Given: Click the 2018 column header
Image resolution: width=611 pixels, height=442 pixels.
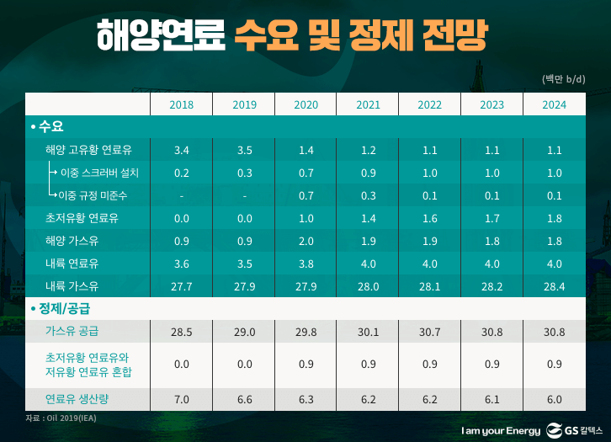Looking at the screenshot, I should coord(181,104).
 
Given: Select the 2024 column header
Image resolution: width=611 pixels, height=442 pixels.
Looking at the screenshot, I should coord(554,104).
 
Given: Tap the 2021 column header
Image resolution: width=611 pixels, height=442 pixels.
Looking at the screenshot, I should coord(368,104).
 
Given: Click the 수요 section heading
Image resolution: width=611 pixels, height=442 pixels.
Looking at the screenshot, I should coord(50,126).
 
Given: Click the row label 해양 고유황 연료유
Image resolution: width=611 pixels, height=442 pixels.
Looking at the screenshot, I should coord(94,150).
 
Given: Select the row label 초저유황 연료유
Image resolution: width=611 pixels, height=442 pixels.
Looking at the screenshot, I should coord(82,218).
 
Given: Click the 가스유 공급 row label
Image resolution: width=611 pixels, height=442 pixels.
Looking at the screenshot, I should coord(72,331).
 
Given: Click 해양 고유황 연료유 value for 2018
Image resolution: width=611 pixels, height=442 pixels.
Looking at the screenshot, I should coord(181,150).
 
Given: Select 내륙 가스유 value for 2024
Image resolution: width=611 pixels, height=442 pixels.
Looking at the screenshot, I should coord(554,286).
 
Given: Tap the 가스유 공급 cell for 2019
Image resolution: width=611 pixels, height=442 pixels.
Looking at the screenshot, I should coord(244,331).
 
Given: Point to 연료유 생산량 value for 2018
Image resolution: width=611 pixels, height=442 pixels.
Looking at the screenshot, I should coord(181,399).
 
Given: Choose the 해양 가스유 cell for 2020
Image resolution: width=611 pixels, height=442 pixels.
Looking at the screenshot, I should coord(306,241).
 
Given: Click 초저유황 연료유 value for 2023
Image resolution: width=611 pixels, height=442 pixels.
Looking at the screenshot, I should coord(492,218).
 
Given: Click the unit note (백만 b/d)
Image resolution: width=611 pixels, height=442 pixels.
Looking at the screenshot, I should coord(563,79).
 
